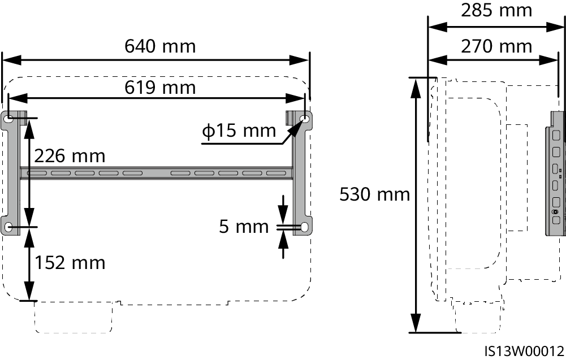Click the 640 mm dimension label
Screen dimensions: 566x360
[x=160, y=46]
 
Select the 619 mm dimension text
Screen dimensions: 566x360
[x=160, y=88]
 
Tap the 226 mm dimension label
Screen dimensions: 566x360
[x=70, y=156]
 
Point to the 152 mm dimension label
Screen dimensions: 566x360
[x=70, y=263]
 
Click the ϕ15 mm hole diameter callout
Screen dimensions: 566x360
[x=239, y=131]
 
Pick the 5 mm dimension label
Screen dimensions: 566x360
[x=244, y=227]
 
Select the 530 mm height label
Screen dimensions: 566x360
[x=375, y=194]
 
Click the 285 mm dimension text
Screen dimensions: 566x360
[x=496, y=11]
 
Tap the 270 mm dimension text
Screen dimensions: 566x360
[x=496, y=46]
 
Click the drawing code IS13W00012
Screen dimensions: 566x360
[x=524, y=351]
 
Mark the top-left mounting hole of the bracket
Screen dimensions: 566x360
[x=10, y=118]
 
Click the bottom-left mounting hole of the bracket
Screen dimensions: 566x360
[x=10, y=227]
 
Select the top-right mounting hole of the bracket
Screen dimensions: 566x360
[x=305, y=118]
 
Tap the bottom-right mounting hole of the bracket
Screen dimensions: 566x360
[x=305, y=227]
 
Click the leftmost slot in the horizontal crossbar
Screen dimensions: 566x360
[x=37, y=174]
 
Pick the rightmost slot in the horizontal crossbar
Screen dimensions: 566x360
[x=276, y=174]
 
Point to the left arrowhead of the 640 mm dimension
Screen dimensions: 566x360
[x=11, y=60]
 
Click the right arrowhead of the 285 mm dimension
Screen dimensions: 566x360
[x=555, y=27]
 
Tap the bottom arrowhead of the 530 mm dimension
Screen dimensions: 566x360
[x=416, y=323]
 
